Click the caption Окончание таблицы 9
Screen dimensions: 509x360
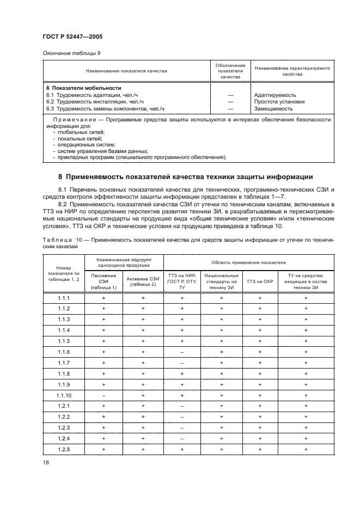71,53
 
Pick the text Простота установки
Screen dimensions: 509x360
279,101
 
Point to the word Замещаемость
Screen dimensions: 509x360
273,108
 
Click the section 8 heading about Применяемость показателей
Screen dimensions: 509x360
185,176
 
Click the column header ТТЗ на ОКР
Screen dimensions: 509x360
260,281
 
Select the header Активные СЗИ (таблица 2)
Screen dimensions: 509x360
143,281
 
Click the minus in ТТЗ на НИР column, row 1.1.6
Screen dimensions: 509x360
182,352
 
